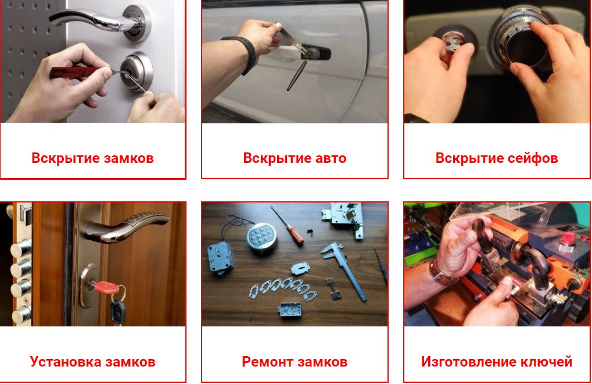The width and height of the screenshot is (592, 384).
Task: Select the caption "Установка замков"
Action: [x=92, y=362]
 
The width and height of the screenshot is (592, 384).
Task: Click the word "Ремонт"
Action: [x=267, y=362]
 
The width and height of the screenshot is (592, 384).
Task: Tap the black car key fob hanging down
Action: [x=118, y=312]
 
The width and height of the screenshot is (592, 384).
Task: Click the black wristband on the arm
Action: [x=243, y=54]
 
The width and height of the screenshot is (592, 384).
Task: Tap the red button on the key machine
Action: [x=567, y=240]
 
